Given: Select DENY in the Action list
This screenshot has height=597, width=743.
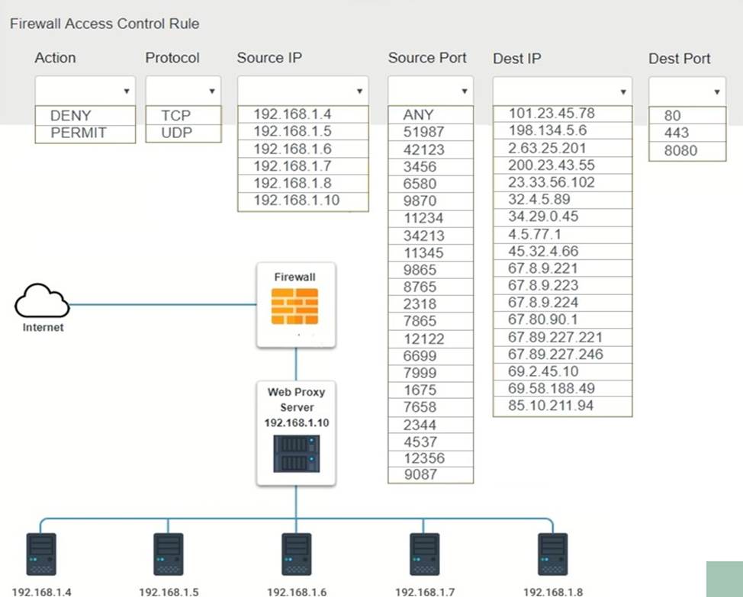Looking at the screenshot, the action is [x=71, y=116].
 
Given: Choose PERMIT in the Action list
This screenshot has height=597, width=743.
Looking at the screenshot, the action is [x=79, y=133].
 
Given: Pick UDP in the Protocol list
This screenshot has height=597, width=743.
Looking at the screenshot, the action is [x=176, y=133].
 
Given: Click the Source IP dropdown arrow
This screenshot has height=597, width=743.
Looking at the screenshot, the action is [x=359, y=91].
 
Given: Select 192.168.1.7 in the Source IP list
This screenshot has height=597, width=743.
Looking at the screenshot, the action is [x=292, y=166].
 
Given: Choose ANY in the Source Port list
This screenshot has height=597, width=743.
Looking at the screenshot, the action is [x=418, y=114].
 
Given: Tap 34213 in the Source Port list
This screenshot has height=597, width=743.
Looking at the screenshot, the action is [x=423, y=236].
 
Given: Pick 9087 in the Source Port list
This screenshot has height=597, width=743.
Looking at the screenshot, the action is [x=420, y=474].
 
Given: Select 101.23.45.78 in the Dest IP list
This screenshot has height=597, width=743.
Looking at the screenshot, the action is [x=552, y=113].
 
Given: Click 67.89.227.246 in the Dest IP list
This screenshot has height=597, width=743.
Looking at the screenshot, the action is [x=555, y=354].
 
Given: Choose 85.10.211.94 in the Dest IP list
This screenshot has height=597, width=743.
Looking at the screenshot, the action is [x=551, y=406].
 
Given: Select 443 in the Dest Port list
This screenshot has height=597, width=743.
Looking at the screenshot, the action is [x=676, y=133].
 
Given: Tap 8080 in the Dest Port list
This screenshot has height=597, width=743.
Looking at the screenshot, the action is [x=680, y=150].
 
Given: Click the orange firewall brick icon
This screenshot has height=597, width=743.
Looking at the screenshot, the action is [x=294, y=307].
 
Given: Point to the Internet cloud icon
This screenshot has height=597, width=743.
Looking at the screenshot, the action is [x=42, y=300].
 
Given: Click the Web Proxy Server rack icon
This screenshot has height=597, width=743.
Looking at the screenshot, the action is [x=297, y=454].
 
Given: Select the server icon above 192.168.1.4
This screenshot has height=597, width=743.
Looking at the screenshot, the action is [x=41, y=554].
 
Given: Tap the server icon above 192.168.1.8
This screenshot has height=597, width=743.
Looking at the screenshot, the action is [x=552, y=554].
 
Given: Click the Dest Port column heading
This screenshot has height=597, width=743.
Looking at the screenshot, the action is [x=679, y=58].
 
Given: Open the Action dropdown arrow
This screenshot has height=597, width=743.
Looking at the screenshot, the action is [x=127, y=91].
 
